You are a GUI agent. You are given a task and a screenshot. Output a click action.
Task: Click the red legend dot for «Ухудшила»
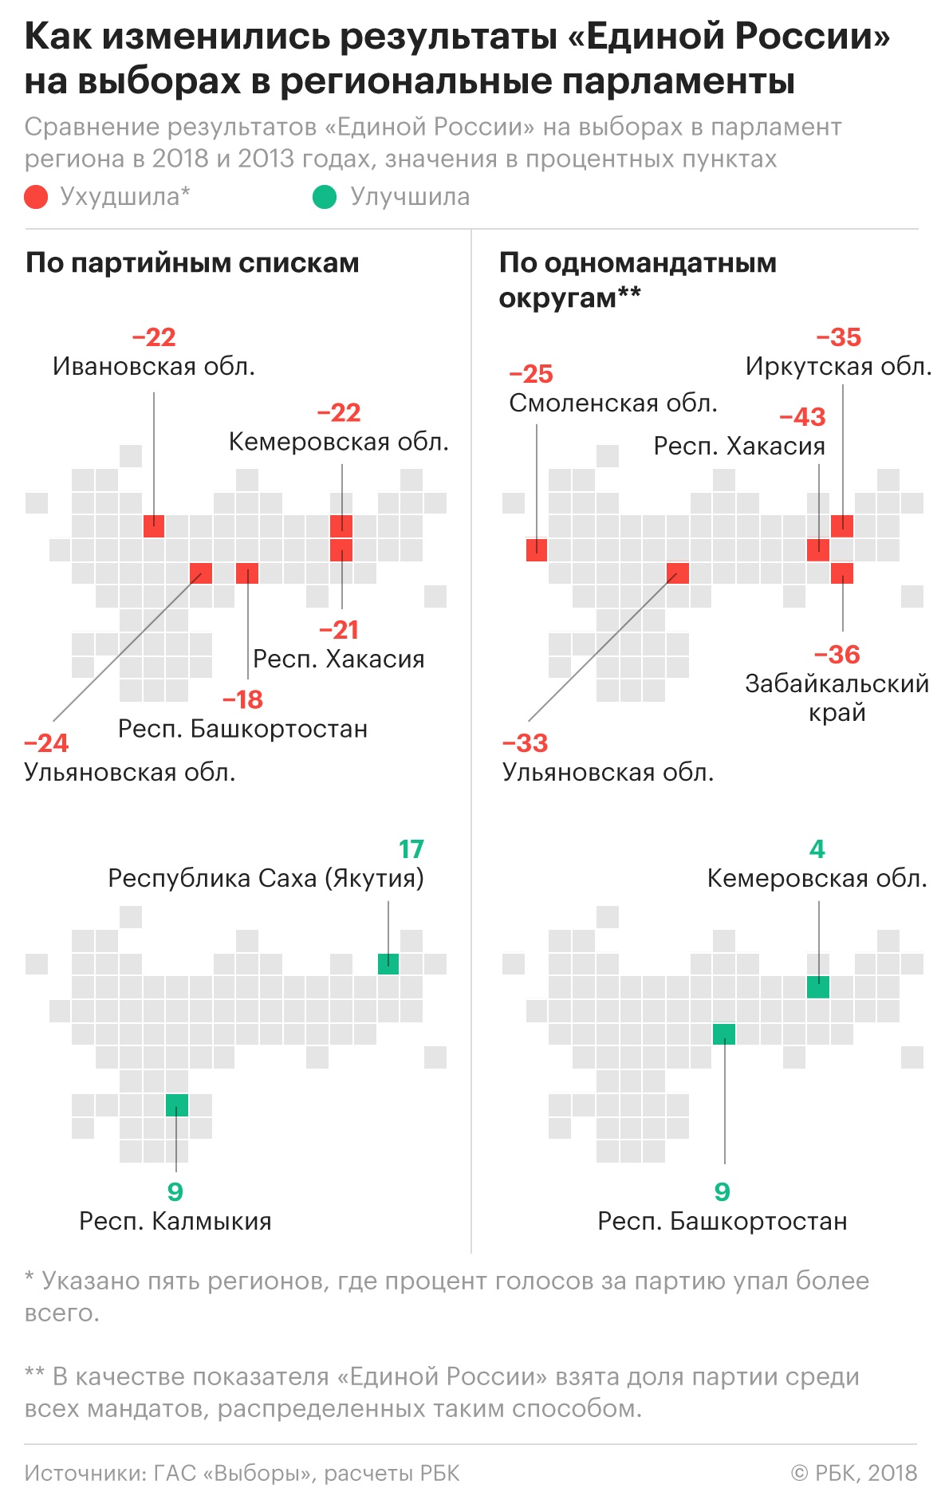(37, 197)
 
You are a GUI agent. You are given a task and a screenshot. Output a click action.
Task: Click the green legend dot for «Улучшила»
(325, 197)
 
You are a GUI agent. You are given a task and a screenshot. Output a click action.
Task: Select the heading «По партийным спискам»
(192, 263)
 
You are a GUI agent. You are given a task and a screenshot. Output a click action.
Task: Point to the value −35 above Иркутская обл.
(838, 337)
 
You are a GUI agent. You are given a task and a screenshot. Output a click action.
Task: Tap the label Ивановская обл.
(154, 367)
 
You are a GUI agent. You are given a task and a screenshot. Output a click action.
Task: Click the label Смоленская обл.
(613, 404)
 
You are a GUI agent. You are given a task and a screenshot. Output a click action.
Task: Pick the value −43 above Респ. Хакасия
(802, 417)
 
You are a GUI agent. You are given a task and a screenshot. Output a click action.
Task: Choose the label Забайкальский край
(837, 698)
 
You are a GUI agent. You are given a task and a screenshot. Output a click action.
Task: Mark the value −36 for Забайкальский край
(837, 655)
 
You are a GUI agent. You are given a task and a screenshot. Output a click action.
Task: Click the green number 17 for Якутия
(411, 849)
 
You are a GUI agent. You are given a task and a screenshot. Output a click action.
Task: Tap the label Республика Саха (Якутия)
(266, 879)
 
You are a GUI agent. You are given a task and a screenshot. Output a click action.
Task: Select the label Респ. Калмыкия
(175, 1222)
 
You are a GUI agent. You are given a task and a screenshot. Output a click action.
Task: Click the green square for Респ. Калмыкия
(177, 1105)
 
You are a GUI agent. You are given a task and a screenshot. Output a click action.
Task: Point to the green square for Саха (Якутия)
(388, 964)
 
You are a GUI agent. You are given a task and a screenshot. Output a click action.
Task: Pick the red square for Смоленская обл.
(537, 550)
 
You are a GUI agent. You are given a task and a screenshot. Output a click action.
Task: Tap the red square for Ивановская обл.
(154, 526)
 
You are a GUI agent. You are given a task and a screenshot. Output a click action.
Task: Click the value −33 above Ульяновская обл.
(525, 743)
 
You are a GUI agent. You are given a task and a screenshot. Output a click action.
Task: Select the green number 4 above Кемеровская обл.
(817, 849)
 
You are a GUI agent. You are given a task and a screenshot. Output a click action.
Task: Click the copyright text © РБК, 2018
(854, 1473)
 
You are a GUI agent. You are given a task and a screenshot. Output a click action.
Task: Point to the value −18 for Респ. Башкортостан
(242, 700)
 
